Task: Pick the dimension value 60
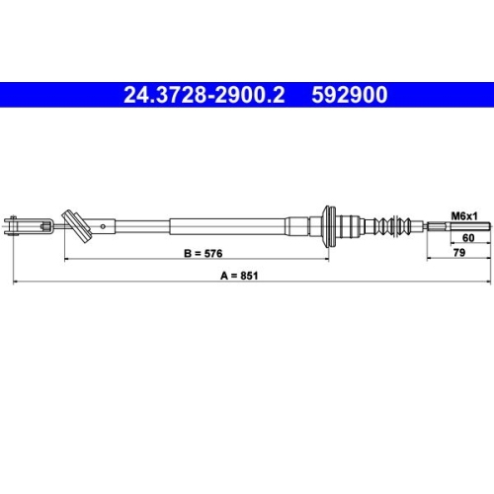coord(469,238)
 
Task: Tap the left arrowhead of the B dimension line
coord(68,260)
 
